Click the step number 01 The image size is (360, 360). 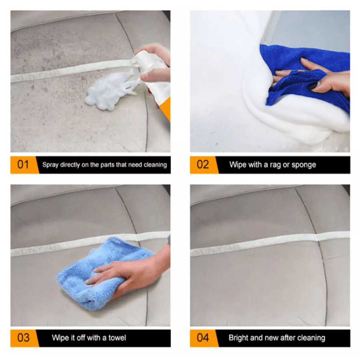[23, 165]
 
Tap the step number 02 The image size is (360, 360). [203, 165]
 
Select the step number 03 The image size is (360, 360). [23, 338]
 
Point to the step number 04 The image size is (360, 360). [203, 338]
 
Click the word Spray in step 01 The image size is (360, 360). [50, 165]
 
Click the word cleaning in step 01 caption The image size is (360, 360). [155, 165]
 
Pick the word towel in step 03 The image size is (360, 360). [117, 338]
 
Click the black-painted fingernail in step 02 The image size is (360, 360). [312, 87]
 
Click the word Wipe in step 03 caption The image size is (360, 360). [60, 338]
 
